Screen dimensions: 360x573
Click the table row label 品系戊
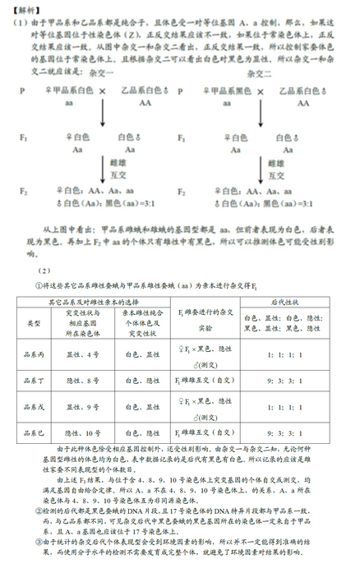(34, 407)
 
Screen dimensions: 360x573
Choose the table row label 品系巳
(34, 433)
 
